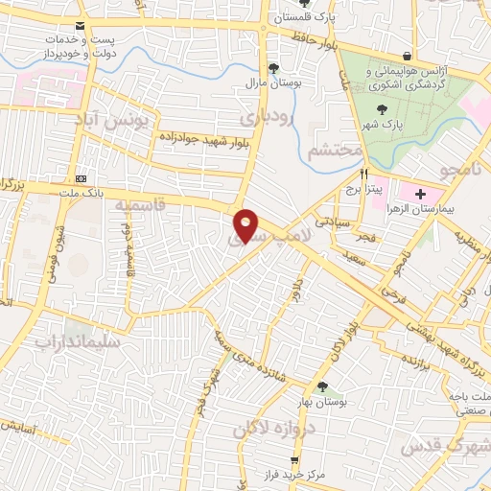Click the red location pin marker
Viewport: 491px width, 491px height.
246,225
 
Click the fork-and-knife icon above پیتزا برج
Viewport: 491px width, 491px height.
364,175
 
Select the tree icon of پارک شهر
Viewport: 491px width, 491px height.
384,109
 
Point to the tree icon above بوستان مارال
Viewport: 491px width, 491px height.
275,67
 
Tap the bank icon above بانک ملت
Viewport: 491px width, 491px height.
81,178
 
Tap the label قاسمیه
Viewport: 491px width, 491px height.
140,205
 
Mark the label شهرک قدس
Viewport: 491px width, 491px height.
451,448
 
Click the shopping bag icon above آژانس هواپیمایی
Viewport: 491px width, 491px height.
409,55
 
